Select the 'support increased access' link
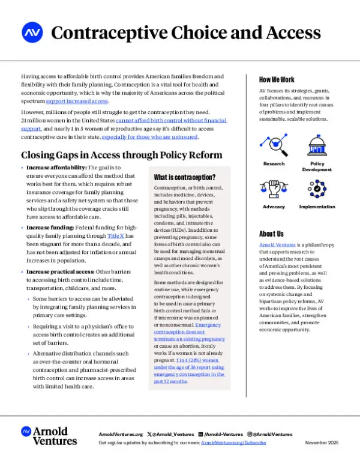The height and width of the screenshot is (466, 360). coord(74,101)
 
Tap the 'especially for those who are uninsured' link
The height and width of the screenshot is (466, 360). coord(149,137)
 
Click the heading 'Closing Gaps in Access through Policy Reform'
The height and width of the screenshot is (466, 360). coord(121,154)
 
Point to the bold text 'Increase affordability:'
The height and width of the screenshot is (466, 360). coord(57,168)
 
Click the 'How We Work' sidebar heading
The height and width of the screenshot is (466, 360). coord(277,79)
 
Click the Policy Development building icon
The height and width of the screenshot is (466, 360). coord(317,146)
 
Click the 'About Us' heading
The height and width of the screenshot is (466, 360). coord(271,234)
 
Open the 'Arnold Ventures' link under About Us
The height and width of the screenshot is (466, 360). coord(278,246)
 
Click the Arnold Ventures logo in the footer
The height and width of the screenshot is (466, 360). coord(49,436)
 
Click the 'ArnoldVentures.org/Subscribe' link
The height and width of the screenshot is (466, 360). coord(233,442)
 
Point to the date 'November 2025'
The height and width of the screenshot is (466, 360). coord(322,442)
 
